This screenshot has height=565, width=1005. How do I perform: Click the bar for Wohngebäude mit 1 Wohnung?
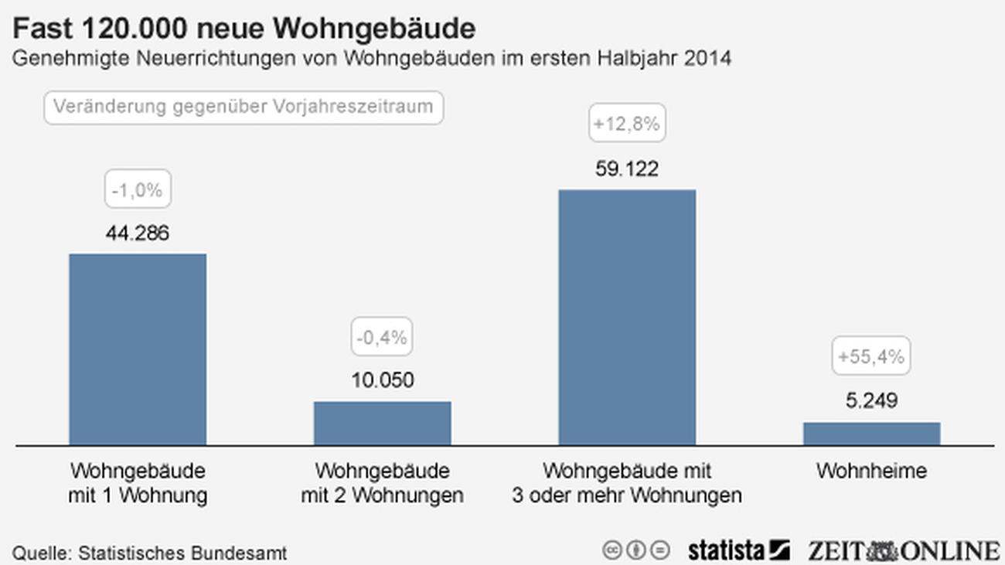click(138, 349)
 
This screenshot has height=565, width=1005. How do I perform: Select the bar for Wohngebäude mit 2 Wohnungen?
click(382, 423)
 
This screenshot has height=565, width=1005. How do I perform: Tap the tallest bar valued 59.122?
click(627, 317)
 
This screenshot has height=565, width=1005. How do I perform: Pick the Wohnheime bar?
click(871, 434)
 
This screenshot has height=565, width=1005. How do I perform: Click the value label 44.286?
click(138, 233)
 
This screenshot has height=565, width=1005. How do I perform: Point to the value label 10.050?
click(382, 380)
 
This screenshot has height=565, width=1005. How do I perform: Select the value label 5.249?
click(871, 400)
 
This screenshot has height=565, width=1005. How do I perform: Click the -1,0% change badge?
click(138, 190)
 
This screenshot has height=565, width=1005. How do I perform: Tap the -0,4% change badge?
click(382, 338)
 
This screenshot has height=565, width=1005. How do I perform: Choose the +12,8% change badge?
click(627, 124)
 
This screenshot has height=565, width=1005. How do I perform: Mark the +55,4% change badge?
click(871, 357)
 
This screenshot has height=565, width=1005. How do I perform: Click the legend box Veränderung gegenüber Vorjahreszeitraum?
click(244, 107)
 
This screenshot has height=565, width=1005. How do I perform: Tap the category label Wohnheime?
click(871, 471)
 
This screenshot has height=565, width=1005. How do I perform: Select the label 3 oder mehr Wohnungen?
click(627, 495)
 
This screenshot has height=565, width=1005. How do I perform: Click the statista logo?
click(738, 550)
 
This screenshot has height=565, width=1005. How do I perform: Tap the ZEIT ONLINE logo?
click(904, 550)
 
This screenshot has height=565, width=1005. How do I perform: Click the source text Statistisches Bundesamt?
click(183, 553)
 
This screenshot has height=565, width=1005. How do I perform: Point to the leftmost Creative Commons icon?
click(612, 550)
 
